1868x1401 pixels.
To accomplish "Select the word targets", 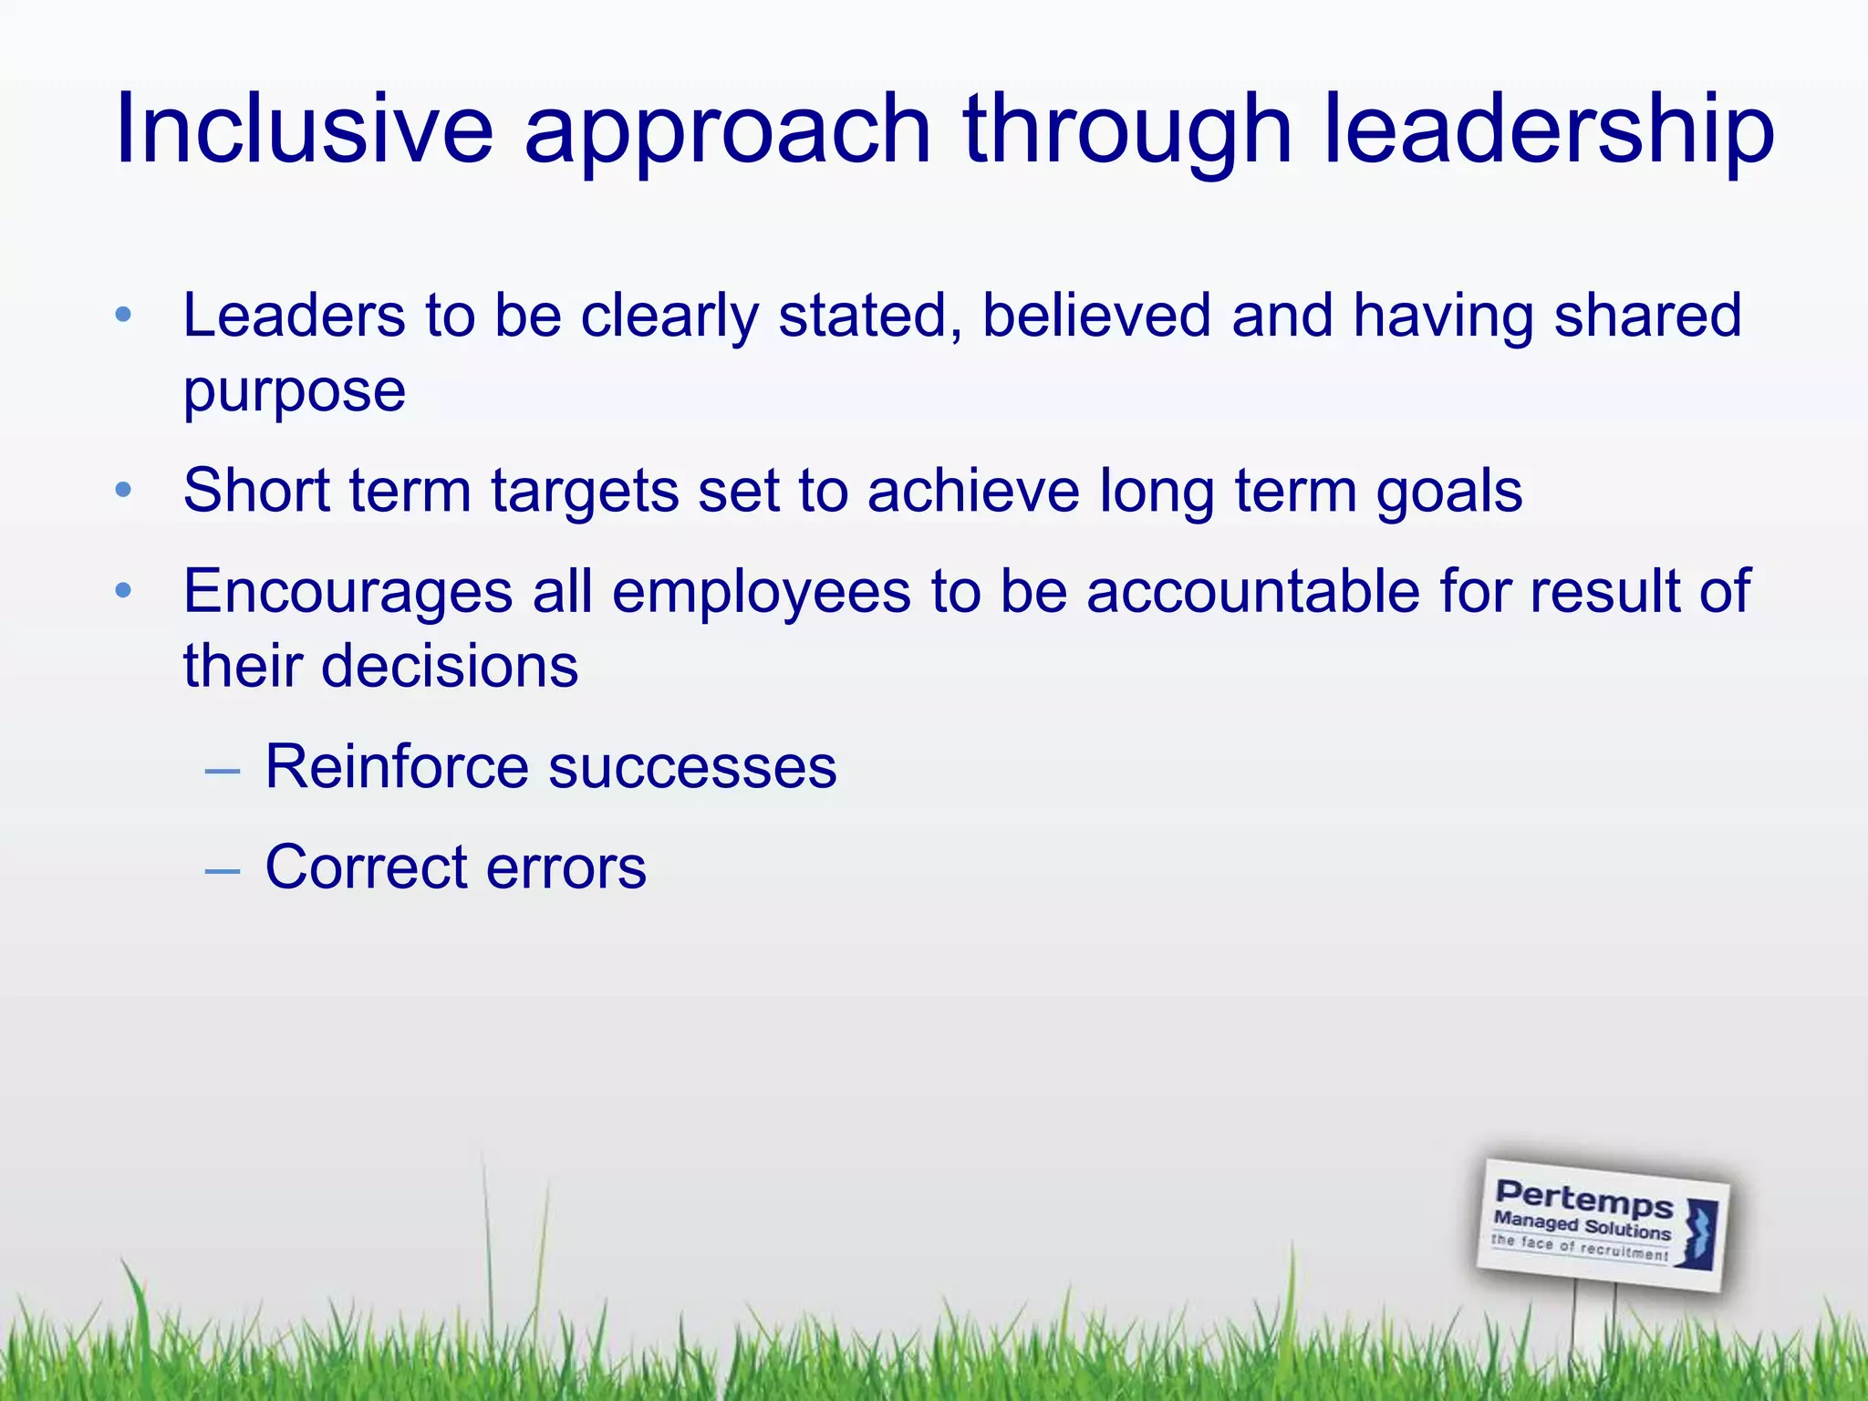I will [x=585, y=492].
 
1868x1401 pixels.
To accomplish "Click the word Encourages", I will [x=348, y=592].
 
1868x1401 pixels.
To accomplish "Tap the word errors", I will [x=566, y=867].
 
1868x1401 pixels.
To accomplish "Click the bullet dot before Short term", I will [x=124, y=492].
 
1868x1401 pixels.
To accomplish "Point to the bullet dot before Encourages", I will [x=124, y=591].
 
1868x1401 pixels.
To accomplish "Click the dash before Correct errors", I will [x=223, y=871].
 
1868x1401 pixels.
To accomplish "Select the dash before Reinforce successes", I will [x=223, y=772].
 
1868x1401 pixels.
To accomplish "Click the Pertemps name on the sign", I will [x=1583, y=1199].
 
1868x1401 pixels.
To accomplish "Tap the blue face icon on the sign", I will [x=1699, y=1233].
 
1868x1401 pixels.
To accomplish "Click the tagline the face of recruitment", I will [x=1579, y=1247].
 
